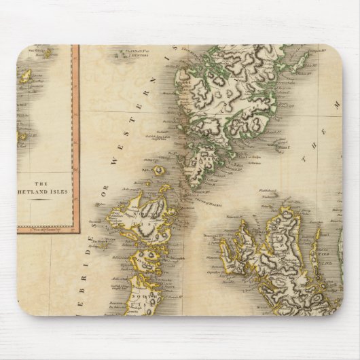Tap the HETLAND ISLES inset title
click(x=48, y=192)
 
